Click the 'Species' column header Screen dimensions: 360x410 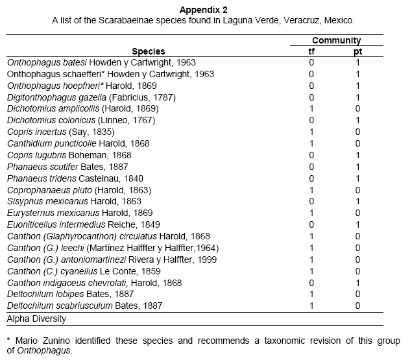(x=149, y=51)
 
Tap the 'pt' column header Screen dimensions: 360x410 (x=358, y=51)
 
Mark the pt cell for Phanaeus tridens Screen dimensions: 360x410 (x=358, y=178)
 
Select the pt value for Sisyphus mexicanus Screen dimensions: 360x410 (x=358, y=202)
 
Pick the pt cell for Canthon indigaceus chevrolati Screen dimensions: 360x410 (x=358, y=283)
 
